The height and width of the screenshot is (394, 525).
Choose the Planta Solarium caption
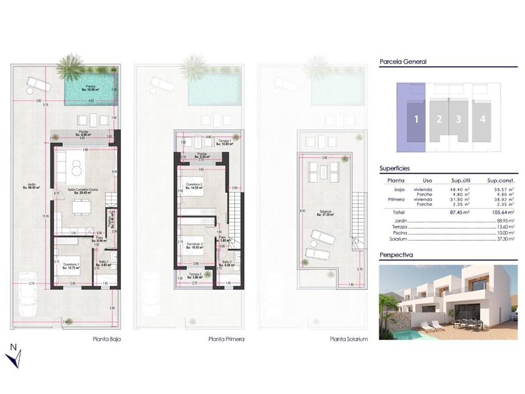349,339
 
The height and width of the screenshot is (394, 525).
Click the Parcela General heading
403,61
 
